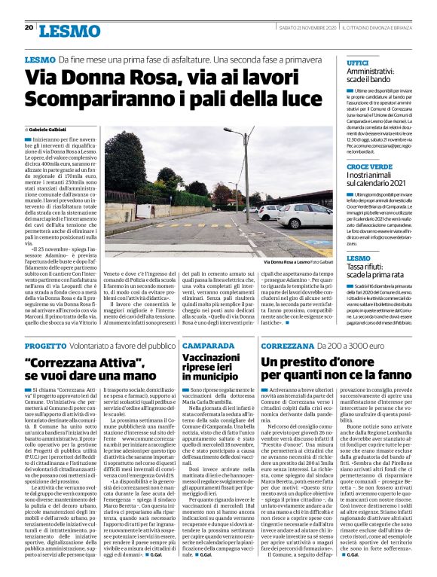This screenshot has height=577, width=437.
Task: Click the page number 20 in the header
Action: pos(29,27)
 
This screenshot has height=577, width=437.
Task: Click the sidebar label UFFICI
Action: pos(357,63)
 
